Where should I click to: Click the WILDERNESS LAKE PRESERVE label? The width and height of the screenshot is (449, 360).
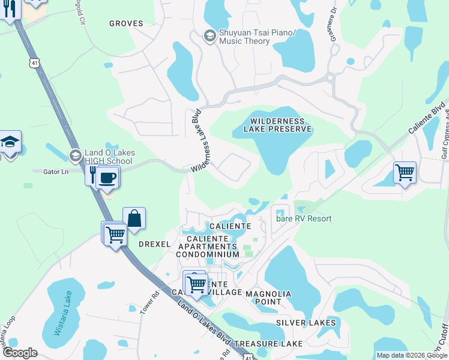point(277,125)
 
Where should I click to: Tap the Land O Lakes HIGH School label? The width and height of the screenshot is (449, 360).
point(108,157)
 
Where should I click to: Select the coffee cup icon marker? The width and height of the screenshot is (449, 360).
point(107,178)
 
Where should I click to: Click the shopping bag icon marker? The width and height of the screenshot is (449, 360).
point(134,220)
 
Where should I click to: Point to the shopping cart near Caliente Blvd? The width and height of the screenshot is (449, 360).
point(405,173)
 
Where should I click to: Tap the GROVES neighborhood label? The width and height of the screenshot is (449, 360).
point(126,23)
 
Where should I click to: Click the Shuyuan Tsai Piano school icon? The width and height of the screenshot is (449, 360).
point(209,36)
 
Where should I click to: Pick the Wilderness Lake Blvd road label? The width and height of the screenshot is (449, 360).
point(197,141)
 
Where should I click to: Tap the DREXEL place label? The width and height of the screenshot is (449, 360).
point(155,244)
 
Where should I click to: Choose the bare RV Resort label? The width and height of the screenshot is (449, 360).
point(304,218)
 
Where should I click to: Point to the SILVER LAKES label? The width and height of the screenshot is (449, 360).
point(306,323)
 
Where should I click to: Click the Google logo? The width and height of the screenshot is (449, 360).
point(20,353)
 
